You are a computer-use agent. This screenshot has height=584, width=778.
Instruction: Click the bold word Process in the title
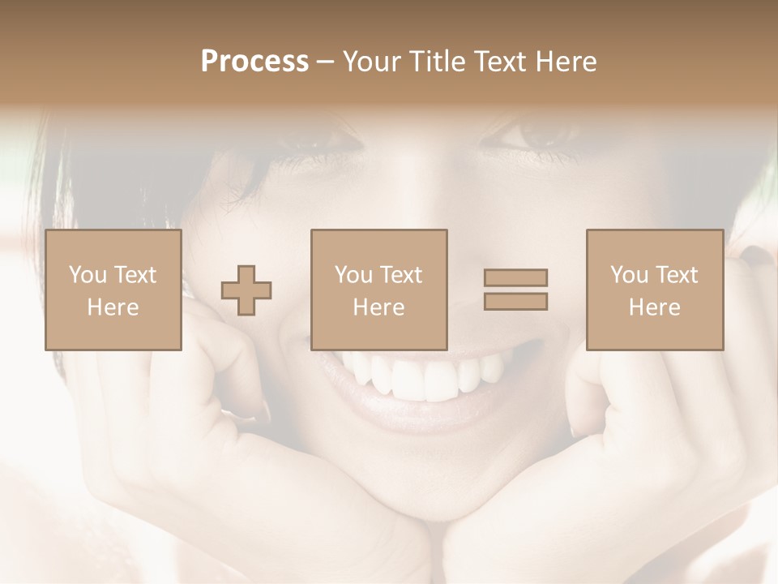(x=254, y=62)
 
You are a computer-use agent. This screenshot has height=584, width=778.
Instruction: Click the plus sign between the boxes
(x=246, y=290)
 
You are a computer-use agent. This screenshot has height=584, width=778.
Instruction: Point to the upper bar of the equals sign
(x=515, y=277)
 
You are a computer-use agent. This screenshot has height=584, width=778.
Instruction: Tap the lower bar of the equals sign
(x=515, y=301)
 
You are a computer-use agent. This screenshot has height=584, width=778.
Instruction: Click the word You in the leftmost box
(x=87, y=275)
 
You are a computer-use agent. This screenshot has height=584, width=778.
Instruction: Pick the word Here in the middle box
(x=379, y=307)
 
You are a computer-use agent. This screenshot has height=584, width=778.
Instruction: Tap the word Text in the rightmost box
(x=677, y=275)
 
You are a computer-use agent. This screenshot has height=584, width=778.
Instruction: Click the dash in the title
(x=326, y=62)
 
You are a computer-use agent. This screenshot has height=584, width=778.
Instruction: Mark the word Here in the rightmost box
(x=655, y=307)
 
